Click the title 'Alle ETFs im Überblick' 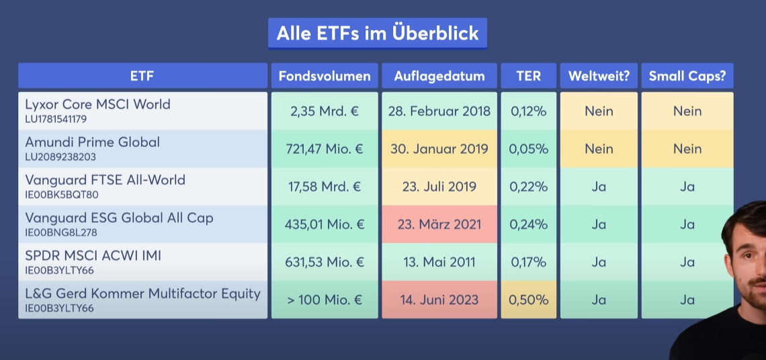377,34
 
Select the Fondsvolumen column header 325,76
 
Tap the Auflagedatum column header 439,76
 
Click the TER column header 529,76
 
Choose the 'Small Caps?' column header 687,76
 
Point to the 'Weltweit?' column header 599,76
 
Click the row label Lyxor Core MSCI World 97,104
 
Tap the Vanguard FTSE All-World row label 105,180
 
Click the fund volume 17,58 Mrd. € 325,186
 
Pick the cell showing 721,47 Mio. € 325,148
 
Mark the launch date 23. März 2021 439,224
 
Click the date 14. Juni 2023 439,300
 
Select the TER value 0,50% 529,300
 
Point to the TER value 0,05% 529,148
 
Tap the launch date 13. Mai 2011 439,262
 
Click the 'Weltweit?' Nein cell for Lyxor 599,111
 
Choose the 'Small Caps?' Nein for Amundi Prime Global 687,148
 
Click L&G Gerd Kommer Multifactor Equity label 142,294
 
